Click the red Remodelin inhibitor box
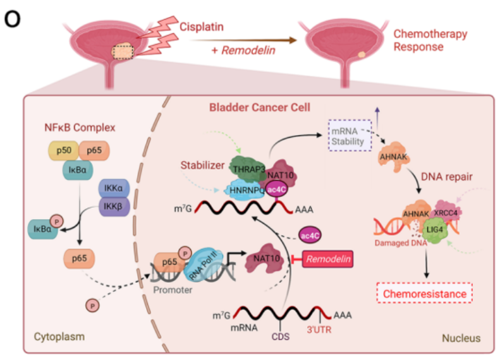[327, 258]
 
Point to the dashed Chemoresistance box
[425, 294]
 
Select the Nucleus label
[460, 339]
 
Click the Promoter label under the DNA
[175, 292]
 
